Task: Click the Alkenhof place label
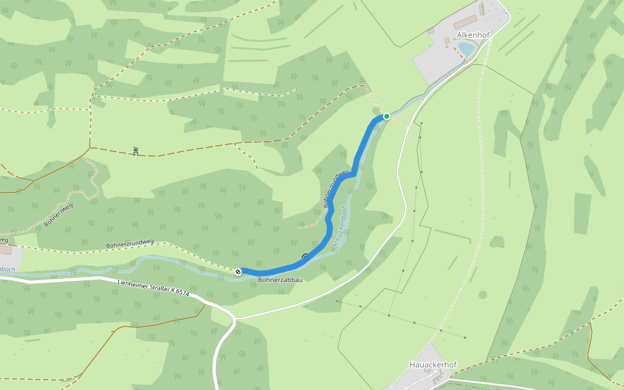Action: pyautogui.click(x=473, y=35)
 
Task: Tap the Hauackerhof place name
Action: pyautogui.click(x=433, y=365)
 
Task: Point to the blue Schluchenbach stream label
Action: pyautogui.click(x=339, y=227)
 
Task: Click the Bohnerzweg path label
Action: pyautogui.click(x=59, y=215)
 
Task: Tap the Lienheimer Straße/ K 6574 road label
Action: pyautogui.click(x=153, y=288)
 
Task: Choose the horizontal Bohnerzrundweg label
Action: pyautogui.click(x=129, y=244)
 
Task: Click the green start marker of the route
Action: pyautogui.click(x=386, y=116)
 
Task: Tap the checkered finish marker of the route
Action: pyautogui.click(x=239, y=271)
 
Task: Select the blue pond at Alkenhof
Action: pyautogui.click(x=467, y=49)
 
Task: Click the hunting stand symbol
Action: pyautogui.click(x=136, y=151)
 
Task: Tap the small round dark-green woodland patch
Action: pyautogui.click(x=482, y=294)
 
